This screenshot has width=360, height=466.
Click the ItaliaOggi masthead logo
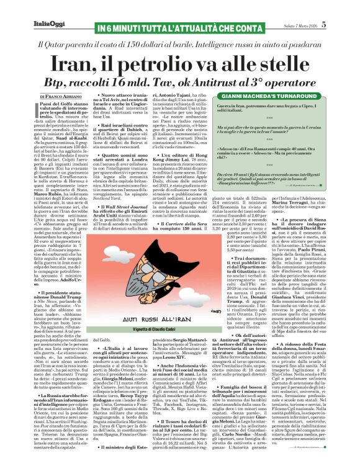click(25, 7)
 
